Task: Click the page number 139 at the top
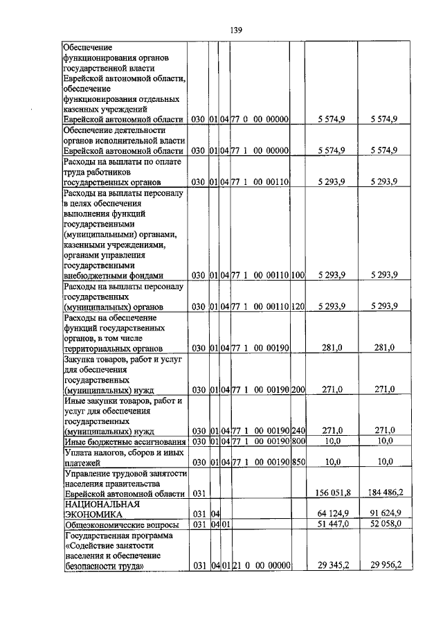point(235,30)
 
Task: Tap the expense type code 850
point(298,461)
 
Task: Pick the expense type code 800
point(298,441)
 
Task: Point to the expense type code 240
point(298,430)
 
